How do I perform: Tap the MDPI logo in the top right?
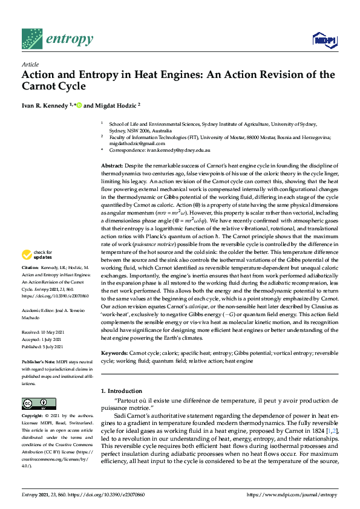[x=324, y=40]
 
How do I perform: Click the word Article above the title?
[x=30, y=64]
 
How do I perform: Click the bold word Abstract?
[x=113, y=166]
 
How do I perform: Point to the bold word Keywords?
[x=114, y=351]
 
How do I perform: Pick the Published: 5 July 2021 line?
[x=45, y=346]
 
